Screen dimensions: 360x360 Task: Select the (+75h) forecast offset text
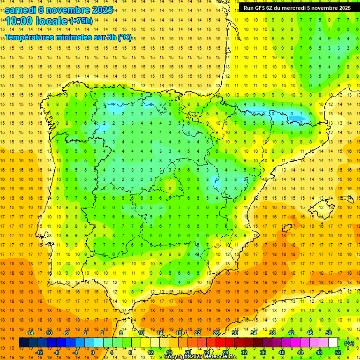pos(80,21)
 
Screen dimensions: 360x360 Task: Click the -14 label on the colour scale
pos(30,333)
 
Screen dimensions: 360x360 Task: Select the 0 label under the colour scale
pos(93,352)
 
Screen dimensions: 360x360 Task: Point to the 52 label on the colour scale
pos(338,352)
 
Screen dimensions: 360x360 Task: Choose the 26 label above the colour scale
pos(216,333)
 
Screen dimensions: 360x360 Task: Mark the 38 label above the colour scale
pos(272,333)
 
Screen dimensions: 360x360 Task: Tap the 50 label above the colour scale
pos(328,333)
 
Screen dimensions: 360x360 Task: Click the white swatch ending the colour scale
pos(333,343)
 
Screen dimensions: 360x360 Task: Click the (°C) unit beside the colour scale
pos(349,343)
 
